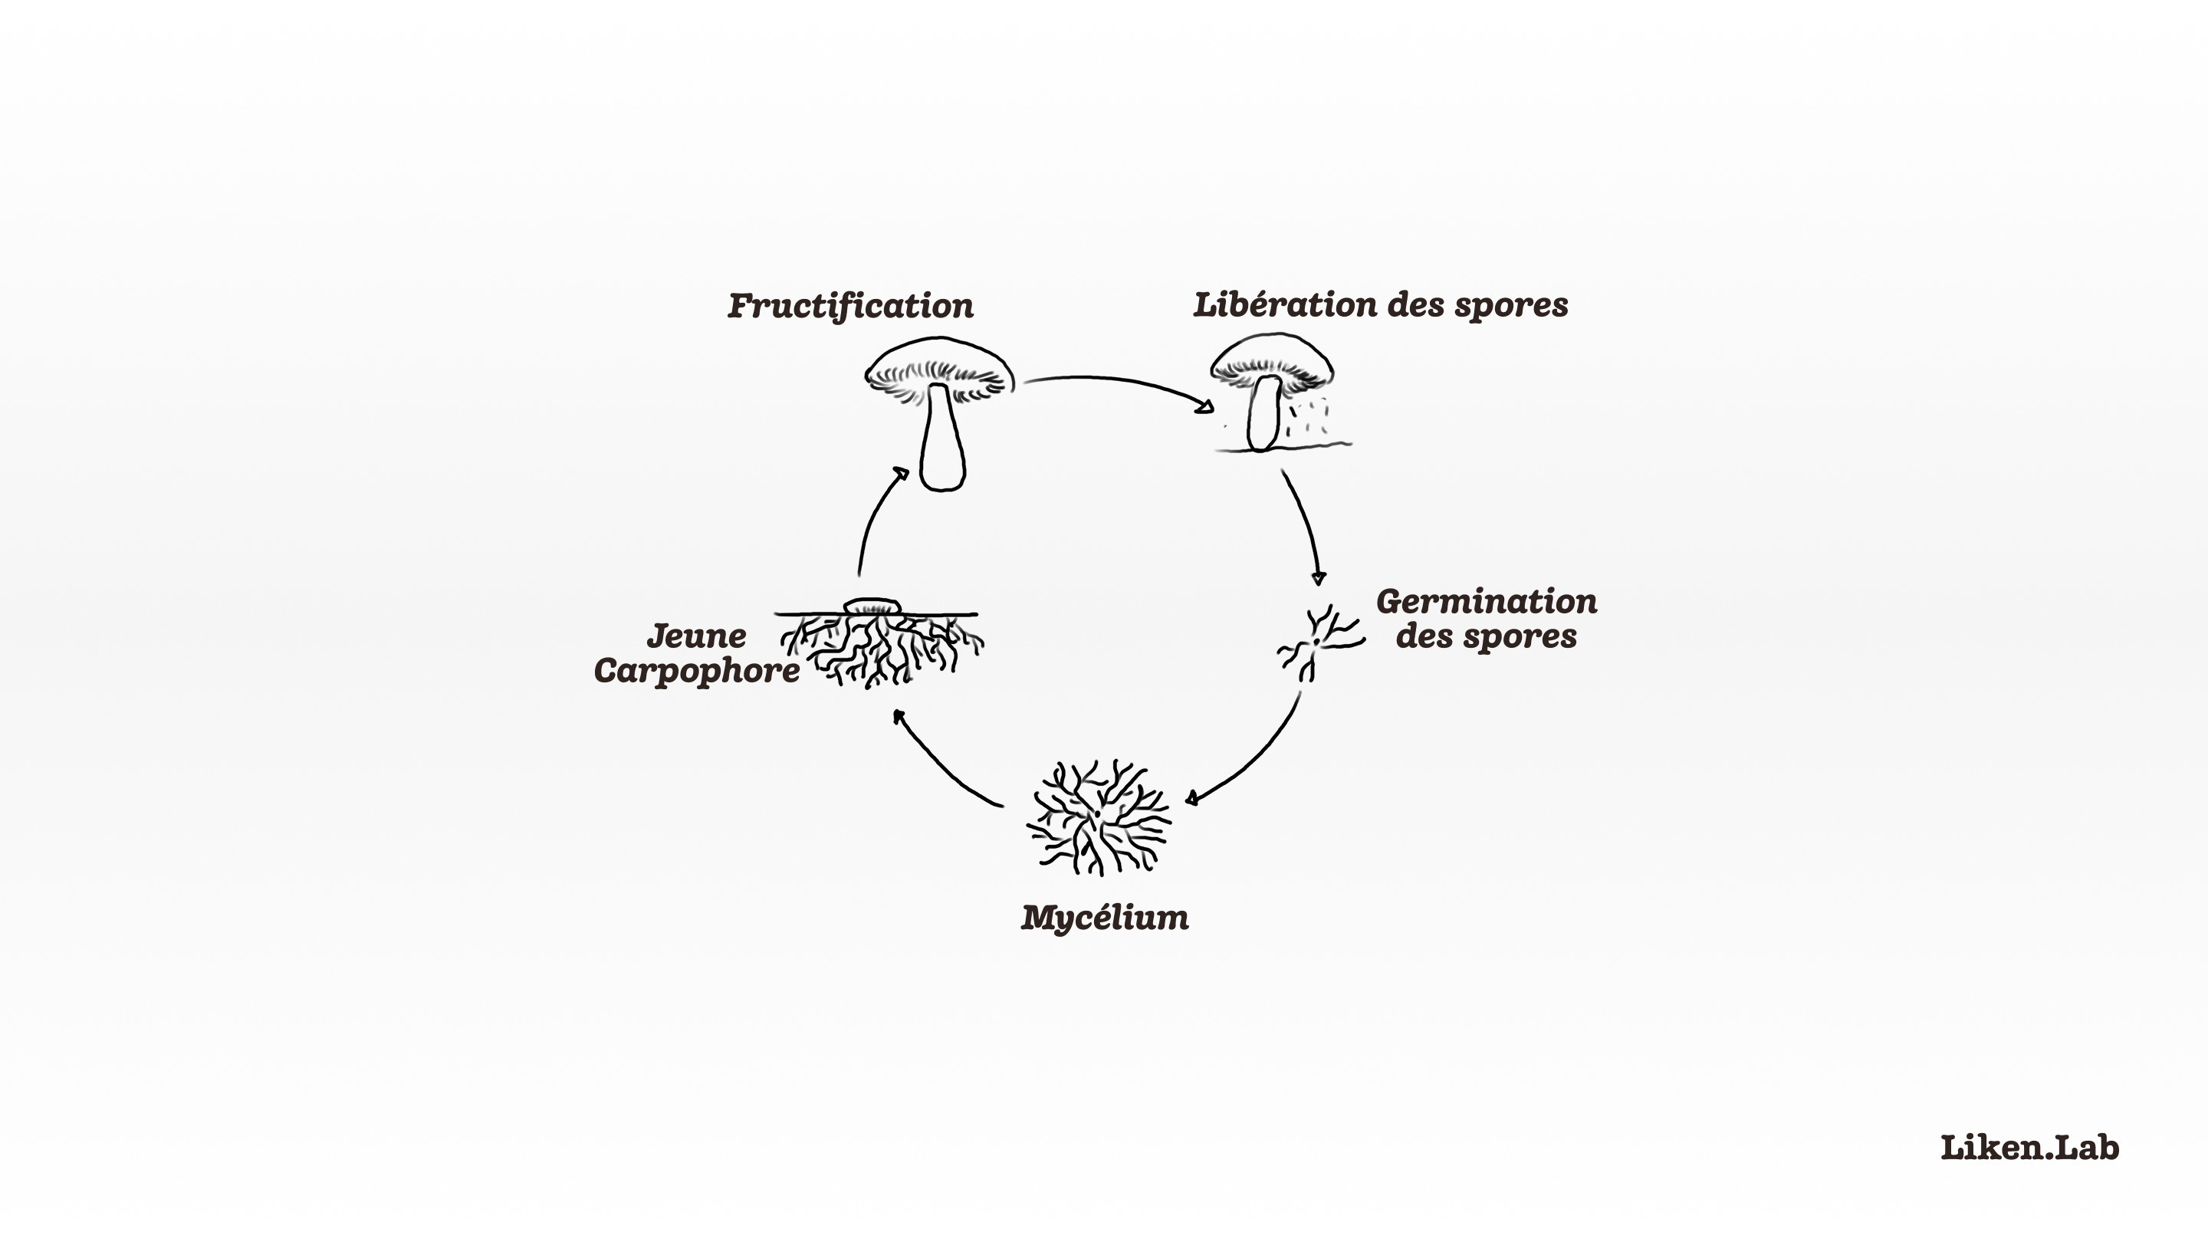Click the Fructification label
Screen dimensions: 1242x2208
coord(850,306)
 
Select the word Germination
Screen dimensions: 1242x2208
coord(1487,602)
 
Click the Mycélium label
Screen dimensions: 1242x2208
coord(1105,917)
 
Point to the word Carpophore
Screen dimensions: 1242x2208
coord(696,670)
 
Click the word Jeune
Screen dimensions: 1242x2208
coord(696,636)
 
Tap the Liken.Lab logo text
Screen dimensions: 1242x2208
coord(2029,1147)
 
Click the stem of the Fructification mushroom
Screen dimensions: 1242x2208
coord(942,442)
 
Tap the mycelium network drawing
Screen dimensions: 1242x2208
coord(1099,816)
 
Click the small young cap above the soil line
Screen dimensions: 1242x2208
coord(872,606)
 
